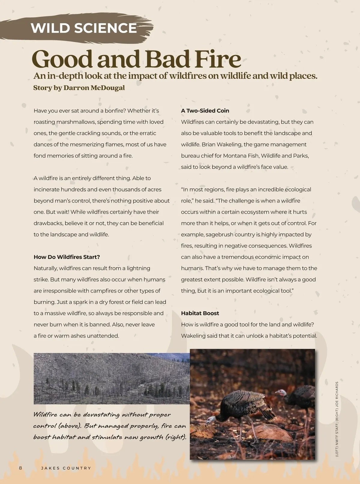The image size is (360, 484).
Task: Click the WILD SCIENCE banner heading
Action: pyautogui.click(x=84, y=28)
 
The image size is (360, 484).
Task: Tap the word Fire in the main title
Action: pyautogui.click(x=218, y=59)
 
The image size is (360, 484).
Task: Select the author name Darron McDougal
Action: pyautogui.click(x=94, y=88)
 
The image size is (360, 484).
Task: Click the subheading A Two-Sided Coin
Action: pyautogui.click(x=205, y=111)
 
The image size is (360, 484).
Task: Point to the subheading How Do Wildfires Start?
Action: pyautogui.click(x=67, y=257)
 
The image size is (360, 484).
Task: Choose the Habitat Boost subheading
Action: pyautogui.click(x=200, y=313)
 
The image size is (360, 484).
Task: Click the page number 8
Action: pyautogui.click(x=20, y=468)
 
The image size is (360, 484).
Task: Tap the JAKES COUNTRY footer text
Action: pyautogui.click(x=66, y=468)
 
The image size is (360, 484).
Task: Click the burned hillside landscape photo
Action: pyautogui.click(x=112, y=378)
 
